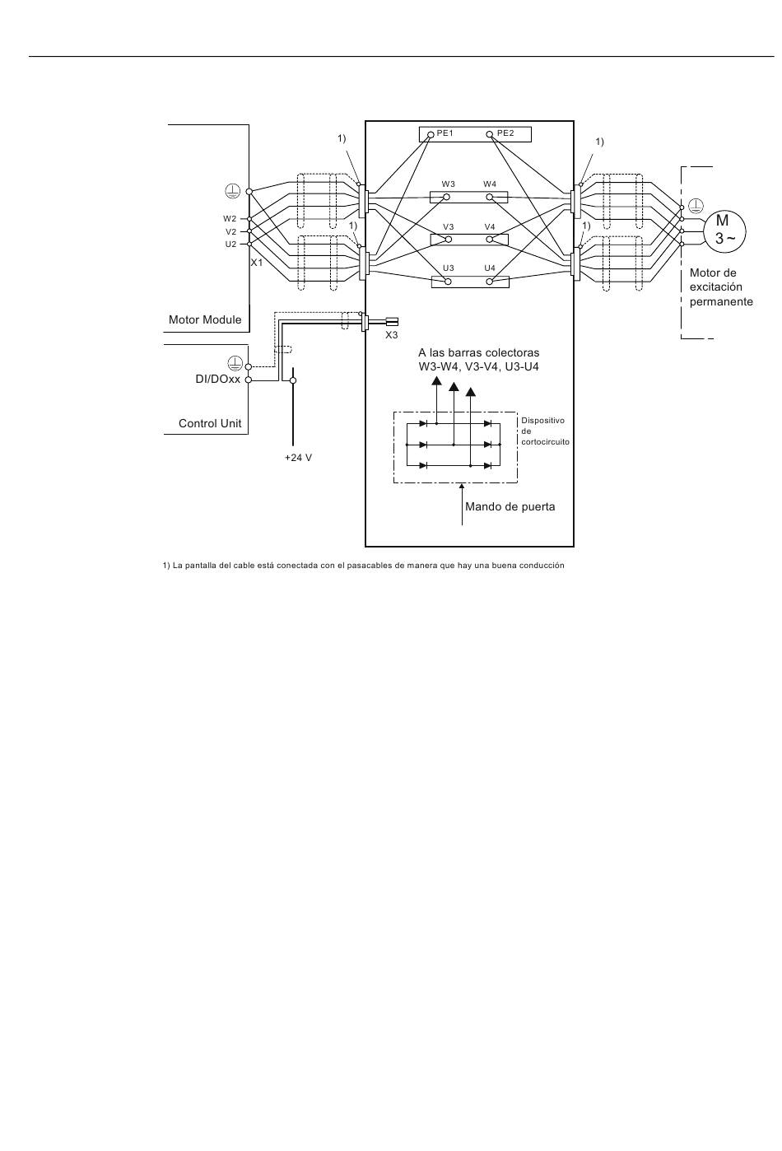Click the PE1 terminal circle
coord(431,135)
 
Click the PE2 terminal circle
coord(490,135)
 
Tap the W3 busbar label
coord(448,184)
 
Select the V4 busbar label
coord(490,226)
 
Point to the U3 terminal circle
coord(448,282)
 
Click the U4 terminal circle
coord(490,282)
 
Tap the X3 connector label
coord(392,335)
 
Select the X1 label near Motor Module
coord(257,263)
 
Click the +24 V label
coord(298,457)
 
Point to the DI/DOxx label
coord(218,380)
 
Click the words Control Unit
coord(210,423)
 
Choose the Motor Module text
coord(205,319)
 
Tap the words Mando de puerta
coord(510,506)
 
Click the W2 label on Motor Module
coord(230,218)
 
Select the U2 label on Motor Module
coord(230,244)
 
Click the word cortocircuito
coord(545,442)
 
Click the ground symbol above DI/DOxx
coord(235,363)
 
